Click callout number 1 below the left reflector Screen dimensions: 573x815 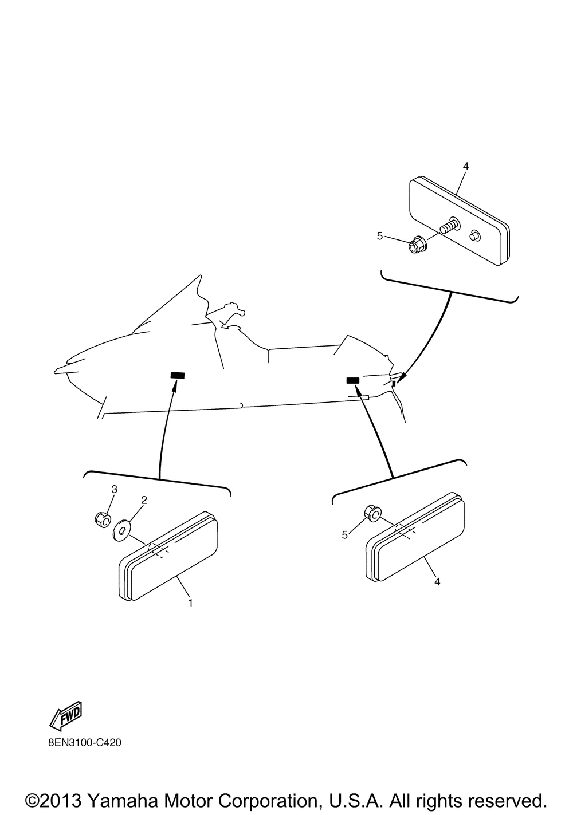click(190, 603)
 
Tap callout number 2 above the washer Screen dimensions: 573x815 click(144, 500)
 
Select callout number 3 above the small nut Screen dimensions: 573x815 click(114, 489)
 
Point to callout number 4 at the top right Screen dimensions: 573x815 click(466, 166)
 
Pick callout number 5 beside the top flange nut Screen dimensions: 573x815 click(380, 236)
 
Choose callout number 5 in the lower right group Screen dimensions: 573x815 click(344, 535)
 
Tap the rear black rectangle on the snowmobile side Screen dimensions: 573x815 click(353, 380)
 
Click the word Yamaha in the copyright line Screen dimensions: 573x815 click(123, 800)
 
